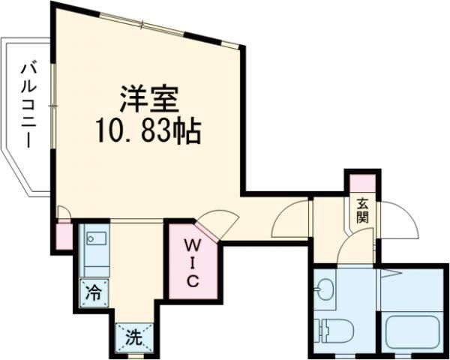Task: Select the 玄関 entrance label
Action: coord(362,210)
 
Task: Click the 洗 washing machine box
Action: coord(133,337)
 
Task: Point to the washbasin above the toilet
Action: coord(325,289)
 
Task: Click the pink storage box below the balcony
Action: coord(63,235)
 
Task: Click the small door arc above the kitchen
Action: coord(64,215)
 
